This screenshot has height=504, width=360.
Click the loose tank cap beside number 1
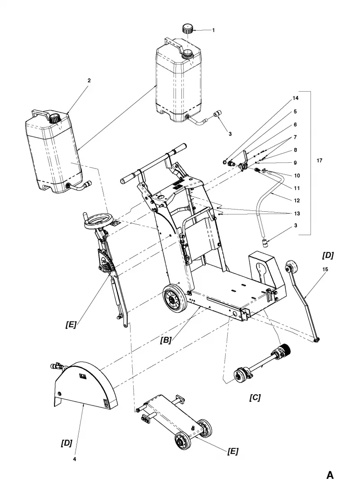click(188, 28)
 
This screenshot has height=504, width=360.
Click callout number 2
click(89, 80)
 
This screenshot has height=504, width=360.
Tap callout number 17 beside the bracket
click(319, 161)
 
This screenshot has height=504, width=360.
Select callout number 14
click(295, 98)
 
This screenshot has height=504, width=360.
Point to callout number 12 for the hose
click(297, 200)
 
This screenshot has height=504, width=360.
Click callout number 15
click(325, 269)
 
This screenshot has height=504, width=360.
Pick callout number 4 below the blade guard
click(74, 459)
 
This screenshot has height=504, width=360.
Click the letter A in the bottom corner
click(330, 475)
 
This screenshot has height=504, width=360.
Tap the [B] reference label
click(166, 340)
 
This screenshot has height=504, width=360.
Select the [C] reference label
click(255, 397)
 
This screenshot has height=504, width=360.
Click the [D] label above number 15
click(328, 255)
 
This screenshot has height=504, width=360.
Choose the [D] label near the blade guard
click(67, 443)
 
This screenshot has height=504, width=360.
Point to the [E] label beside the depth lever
click(71, 324)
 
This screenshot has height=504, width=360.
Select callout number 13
click(297, 214)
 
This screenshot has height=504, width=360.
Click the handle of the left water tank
click(41, 114)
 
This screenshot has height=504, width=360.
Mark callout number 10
click(297, 175)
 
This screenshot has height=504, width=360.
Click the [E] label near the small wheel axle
click(233, 451)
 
